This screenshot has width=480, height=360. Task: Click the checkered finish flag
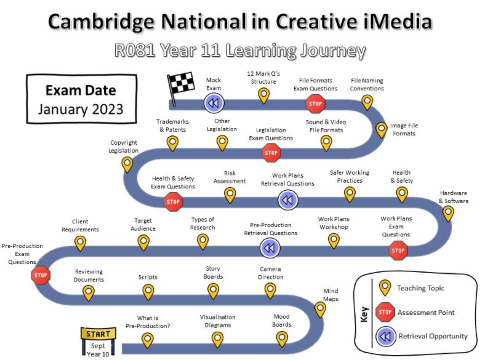[x=181, y=87]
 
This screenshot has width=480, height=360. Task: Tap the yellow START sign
[x=98, y=334]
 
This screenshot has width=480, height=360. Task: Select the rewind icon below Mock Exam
[x=214, y=103]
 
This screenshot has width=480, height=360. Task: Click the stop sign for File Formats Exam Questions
[x=315, y=104]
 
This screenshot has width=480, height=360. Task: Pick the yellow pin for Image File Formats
[x=382, y=130]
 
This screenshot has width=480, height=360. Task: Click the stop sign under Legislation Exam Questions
[x=271, y=153]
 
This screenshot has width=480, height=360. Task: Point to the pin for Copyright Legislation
[x=127, y=165]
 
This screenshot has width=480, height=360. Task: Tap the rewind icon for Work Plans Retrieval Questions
[x=288, y=200]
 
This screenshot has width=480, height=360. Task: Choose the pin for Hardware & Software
[x=448, y=214]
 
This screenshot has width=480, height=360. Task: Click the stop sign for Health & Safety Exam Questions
[x=174, y=202]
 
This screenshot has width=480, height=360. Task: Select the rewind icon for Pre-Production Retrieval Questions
[x=270, y=247]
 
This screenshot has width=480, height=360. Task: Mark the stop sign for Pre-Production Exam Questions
[x=41, y=275]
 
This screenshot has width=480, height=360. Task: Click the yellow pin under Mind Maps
[x=320, y=310]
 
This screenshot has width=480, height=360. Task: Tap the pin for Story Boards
[x=213, y=291]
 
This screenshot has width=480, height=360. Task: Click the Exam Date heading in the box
[x=81, y=90]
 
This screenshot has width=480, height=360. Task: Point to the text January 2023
[x=81, y=110]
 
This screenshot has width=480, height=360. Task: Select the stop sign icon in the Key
[x=385, y=312]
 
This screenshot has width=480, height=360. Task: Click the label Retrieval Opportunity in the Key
[x=433, y=336]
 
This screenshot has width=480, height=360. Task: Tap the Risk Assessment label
[x=230, y=177]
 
